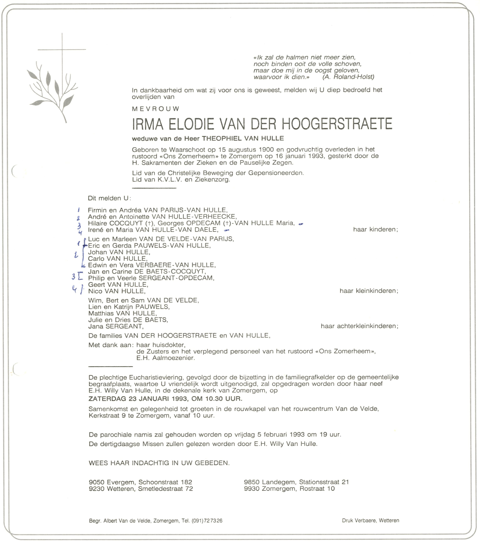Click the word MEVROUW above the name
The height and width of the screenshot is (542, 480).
[x=156, y=109]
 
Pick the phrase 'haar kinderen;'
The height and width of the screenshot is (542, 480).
[x=375, y=229]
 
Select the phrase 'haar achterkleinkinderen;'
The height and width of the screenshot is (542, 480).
[x=359, y=326]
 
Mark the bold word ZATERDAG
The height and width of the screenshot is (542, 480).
[x=108, y=398]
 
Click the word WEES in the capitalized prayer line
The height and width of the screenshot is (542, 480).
[x=98, y=463]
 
